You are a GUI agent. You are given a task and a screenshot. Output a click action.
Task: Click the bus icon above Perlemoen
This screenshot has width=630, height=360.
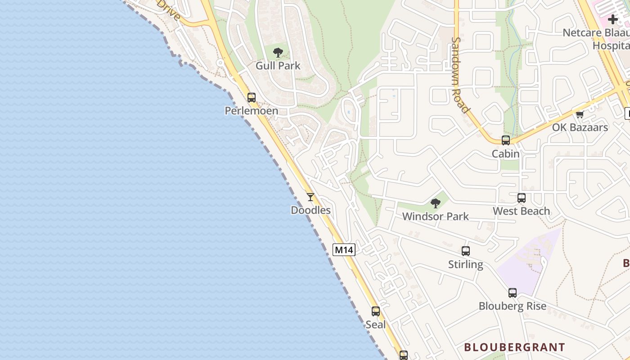point(251,97)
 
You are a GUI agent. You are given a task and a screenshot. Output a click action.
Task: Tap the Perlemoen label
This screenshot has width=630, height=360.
point(251,111)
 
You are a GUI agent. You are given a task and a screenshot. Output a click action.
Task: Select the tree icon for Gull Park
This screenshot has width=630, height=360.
point(278,53)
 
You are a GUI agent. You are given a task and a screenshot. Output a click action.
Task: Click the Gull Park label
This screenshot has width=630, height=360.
point(278,66)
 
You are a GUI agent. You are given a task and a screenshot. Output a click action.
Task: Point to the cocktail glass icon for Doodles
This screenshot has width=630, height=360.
point(310,197)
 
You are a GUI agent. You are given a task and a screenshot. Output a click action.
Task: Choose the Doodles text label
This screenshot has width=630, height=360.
point(310,210)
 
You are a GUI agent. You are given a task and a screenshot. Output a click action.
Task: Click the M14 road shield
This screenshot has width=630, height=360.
point(344,250)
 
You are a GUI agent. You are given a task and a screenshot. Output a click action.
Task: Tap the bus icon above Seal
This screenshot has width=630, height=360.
point(376,311)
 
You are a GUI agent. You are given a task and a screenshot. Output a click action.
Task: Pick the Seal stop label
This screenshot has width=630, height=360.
point(376,324)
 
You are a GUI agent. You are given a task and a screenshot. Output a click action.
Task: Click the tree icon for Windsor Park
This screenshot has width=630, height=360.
point(435,203)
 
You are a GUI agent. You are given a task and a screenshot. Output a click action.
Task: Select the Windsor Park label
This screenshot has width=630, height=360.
point(435,216)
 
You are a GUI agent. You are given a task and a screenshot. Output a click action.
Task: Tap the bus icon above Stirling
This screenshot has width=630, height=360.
point(466,251)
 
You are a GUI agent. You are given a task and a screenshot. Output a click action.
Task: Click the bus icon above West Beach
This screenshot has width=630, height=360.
point(522,198)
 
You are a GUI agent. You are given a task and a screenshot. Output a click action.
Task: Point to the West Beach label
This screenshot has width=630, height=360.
point(522,211)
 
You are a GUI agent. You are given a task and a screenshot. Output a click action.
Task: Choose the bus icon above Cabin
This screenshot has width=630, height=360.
point(506,140)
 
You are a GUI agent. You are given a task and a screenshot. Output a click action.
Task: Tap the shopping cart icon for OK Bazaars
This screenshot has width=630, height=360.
point(580,114)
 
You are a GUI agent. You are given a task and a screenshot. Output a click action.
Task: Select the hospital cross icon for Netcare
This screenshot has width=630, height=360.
point(613,19)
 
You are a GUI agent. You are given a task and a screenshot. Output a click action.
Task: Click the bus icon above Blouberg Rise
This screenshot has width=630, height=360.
point(513,293)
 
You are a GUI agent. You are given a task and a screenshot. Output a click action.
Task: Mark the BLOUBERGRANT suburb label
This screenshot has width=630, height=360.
point(514,347)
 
